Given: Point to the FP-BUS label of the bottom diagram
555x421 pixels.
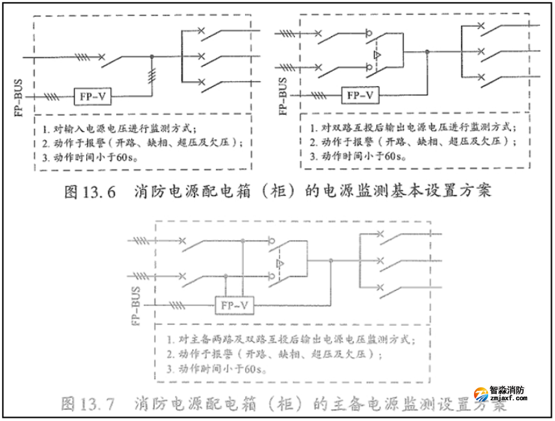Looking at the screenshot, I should click(x=136, y=306).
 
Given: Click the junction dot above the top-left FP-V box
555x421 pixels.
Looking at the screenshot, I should click(x=152, y=56).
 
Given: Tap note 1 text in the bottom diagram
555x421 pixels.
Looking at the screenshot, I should click(x=289, y=339).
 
